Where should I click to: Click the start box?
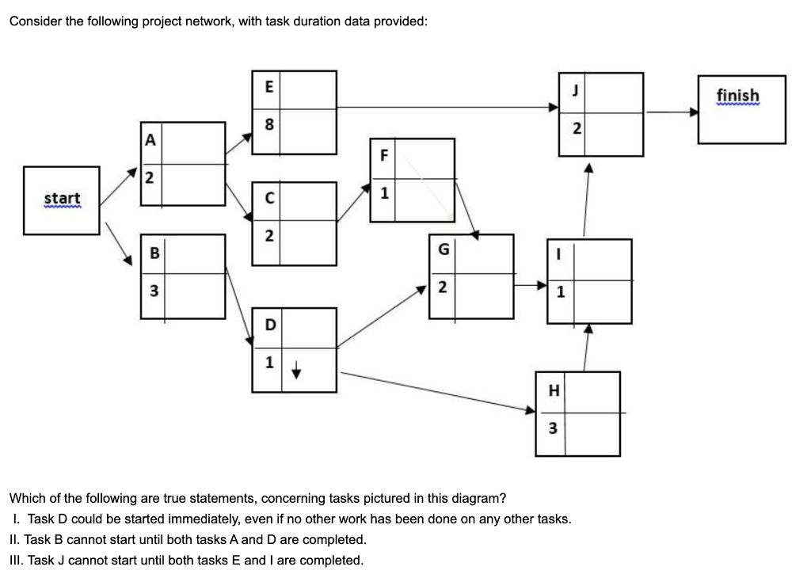point(62,200)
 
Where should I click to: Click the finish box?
point(742,109)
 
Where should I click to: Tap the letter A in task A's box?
point(148,139)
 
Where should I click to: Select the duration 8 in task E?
point(268,125)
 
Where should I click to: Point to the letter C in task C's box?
point(269,199)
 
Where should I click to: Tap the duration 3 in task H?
point(552,428)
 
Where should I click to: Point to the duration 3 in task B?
point(155,291)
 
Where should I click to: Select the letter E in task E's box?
point(268,88)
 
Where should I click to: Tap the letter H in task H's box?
point(552,390)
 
